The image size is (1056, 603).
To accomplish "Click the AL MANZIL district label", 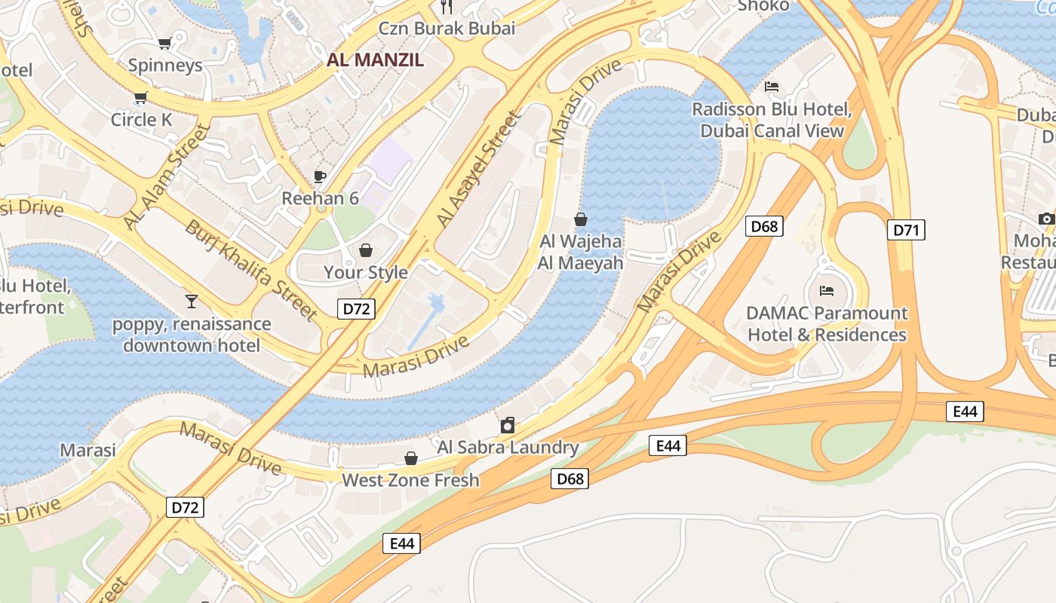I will (x=375, y=60).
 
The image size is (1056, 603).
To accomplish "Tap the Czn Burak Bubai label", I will (x=447, y=29).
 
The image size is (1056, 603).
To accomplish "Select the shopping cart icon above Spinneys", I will (x=164, y=44).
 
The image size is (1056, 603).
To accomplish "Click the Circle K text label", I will (x=141, y=120).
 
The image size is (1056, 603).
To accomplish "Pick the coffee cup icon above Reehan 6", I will (x=320, y=176).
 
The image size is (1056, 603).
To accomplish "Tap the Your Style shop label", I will (x=365, y=272).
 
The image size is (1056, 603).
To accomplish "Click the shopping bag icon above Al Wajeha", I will (x=581, y=219).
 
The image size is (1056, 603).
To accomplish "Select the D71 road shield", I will (x=905, y=230).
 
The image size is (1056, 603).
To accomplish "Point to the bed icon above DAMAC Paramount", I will (x=827, y=290).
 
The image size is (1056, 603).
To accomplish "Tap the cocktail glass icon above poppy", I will (x=191, y=301).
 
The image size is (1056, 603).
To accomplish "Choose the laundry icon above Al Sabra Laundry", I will (x=508, y=425).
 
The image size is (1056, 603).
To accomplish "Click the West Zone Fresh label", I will (x=410, y=480).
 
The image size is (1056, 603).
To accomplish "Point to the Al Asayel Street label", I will (x=478, y=170).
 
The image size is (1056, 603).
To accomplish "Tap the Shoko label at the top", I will (x=763, y=6).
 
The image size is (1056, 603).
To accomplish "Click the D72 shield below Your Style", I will (x=355, y=308).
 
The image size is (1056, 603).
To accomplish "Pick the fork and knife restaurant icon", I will (x=447, y=7).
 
